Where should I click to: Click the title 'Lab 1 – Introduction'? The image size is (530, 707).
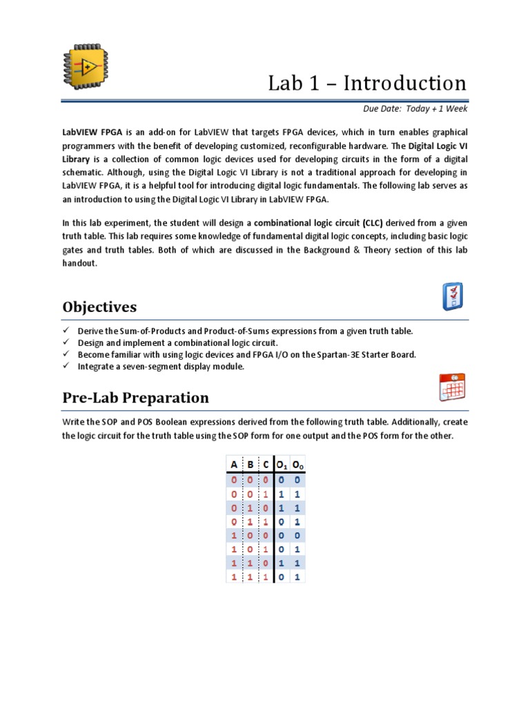367,84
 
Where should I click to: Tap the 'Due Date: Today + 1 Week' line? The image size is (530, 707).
415,109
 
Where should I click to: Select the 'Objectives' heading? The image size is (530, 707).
99,307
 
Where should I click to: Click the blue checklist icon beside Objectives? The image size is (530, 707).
452,296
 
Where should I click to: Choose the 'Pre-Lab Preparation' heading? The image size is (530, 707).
135,398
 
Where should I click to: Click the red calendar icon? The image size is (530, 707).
452,387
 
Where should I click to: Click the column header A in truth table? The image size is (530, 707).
234,465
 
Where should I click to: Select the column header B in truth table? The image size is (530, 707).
250,465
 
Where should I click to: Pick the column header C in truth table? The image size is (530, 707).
266,465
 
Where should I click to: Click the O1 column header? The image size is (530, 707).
282,465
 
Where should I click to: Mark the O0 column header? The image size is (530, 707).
298,465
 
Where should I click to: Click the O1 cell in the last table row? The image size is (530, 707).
282,577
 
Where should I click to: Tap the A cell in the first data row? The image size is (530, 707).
234,480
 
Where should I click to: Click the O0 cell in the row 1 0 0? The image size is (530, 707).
297,535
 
